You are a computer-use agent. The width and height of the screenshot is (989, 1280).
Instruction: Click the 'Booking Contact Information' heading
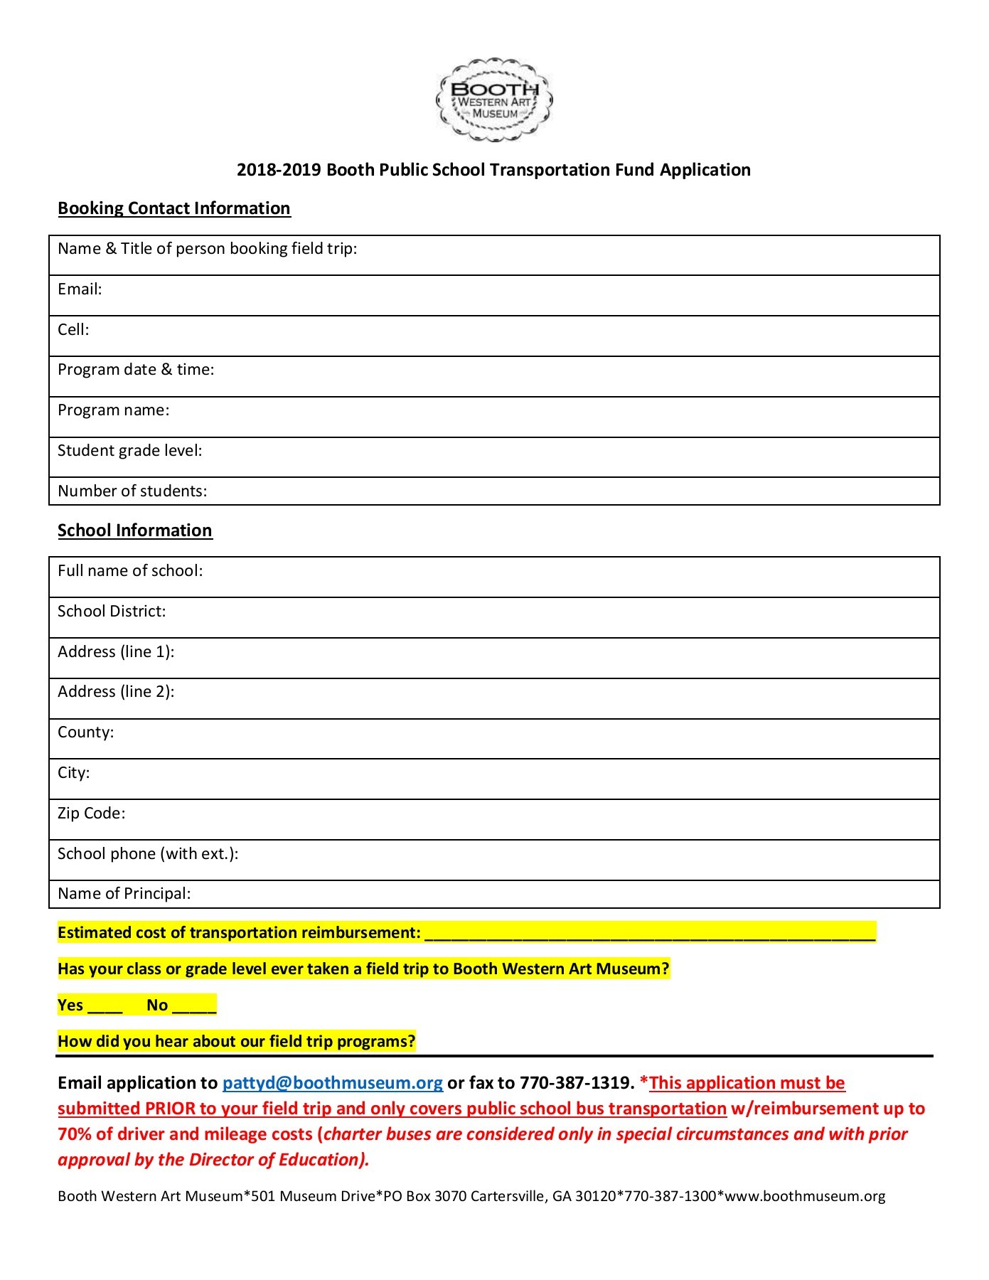coord(173,208)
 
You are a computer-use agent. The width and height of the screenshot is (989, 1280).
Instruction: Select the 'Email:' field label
coord(80,289)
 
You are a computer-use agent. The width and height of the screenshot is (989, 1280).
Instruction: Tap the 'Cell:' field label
coord(73,330)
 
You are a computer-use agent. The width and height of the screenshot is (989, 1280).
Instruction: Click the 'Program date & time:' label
coord(136,370)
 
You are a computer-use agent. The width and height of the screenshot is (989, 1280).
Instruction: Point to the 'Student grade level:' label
coord(129,451)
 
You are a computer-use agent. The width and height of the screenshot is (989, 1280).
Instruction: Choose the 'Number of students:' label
coord(132,491)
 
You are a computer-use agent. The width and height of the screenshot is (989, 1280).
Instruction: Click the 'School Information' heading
coord(134,530)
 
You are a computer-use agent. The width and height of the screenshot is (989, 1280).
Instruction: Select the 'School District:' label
coord(112,612)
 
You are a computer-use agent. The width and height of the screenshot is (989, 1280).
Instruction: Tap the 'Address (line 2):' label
coord(116,692)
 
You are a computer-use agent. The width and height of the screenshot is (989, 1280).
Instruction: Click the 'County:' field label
coord(85,732)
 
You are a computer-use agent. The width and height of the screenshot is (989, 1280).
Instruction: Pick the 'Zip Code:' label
coord(91,814)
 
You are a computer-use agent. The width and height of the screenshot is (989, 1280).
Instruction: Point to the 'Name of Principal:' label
coord(124,894)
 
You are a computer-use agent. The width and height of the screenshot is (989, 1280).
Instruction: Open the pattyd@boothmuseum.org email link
coord(332,1083)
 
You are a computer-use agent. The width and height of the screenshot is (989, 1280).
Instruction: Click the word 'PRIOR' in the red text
coord(170,1109)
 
